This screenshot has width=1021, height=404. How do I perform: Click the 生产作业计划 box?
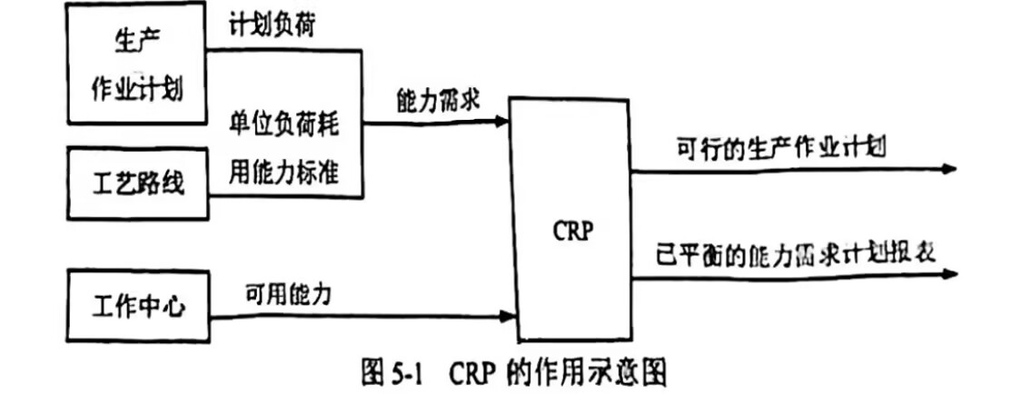click(x=137, y=68)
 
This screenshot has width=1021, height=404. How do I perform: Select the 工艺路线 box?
click(x=137, y=184)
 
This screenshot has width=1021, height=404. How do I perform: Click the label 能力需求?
click(x=437, y=99)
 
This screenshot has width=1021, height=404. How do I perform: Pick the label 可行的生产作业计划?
click(x=781, y=147)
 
